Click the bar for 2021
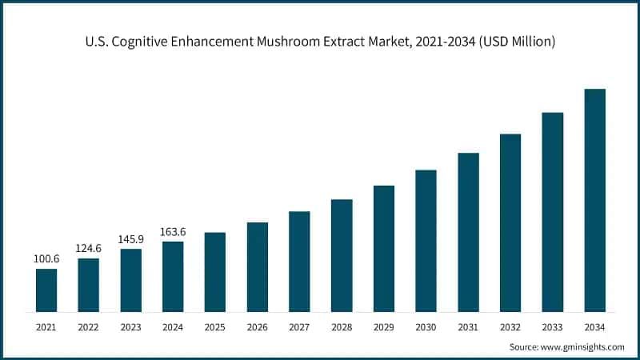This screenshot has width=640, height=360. [x=46, y=290]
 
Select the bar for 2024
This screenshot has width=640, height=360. [x=173, y=277]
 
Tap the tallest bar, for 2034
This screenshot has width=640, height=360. [x=594, y=200]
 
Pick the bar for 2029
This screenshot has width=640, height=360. [x=384, y=249]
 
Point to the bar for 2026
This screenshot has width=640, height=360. [x=258, y=267]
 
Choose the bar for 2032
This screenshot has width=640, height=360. [x=510, y=223]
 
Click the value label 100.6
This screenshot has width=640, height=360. [x=46, y=259]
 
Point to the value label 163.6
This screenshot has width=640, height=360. [x=173, y=232]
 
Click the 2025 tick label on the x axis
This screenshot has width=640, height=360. [x=215, y=327]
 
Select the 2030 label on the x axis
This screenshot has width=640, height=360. [x=426, y=327]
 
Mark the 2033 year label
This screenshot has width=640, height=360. [x=552, y=327]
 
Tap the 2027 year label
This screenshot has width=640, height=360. [x=299, y=327]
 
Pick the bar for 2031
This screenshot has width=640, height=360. [x=468, y=233]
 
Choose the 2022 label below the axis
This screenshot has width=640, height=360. [x=89, y=327]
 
